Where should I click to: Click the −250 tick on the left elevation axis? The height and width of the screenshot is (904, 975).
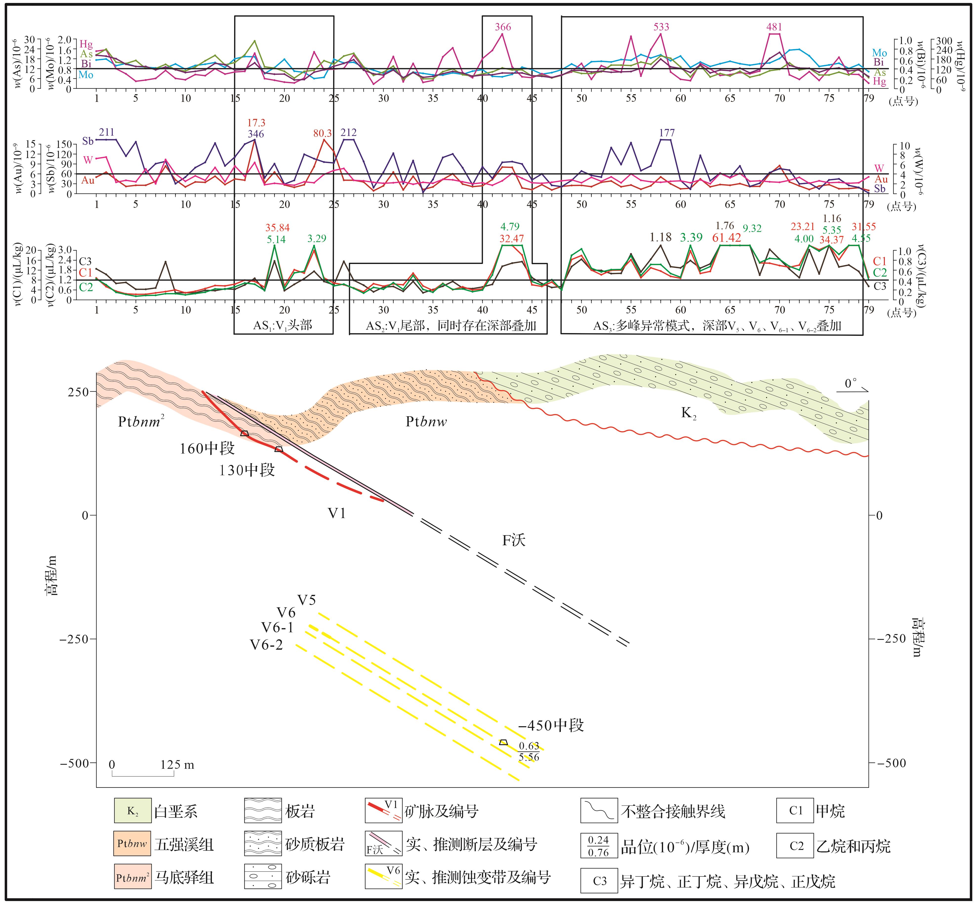pos(74,639)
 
